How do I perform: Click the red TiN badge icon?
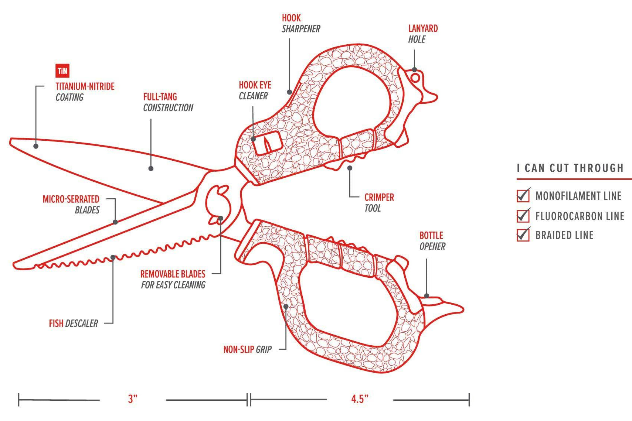click(x=62, y=71)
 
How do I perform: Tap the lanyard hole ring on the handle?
click(x=415, y=78)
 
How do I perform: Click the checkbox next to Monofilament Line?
click(x=523, y=195)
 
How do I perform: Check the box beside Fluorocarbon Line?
click(x=523, y=215)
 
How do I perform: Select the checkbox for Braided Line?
click(x=523, y=235)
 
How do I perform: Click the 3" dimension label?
click(x=133, y=399)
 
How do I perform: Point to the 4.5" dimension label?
click(x=360, y=399)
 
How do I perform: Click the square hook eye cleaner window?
click(x=267, y=143)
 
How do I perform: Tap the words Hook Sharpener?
click(x=300, y=23)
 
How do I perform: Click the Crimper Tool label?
click(x=379, y=202)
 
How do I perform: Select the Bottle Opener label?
click(x=432, y=241)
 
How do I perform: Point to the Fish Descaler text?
click(x=73, y=324)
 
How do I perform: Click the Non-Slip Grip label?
click(x=247, y=349)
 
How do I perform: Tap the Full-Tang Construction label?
click(x=168, y=102)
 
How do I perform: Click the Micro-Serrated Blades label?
click(x=71, y=205)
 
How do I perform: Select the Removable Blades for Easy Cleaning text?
click(x=173, y=280)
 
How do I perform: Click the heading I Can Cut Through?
click(x=570, y=168)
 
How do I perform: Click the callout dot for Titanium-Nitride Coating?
click(x=36, y=146)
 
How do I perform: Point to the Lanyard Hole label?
click(x=422, y=34)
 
